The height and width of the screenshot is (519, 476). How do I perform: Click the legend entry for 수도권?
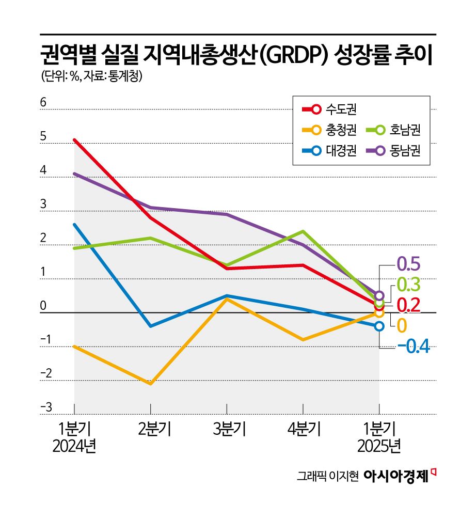(330, 109)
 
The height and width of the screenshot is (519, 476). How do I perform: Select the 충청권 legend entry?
(330, 130)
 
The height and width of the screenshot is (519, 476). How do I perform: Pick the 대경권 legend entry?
(330, 151)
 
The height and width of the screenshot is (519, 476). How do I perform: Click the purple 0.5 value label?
(408, 264)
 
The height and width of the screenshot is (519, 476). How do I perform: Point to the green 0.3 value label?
(408, 285)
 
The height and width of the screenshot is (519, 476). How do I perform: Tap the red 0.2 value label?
(408, 305)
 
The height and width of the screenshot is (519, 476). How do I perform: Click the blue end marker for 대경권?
(379, 326)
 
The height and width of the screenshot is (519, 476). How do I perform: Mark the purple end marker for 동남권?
(379, 296)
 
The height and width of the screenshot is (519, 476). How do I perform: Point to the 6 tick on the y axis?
(43, 103)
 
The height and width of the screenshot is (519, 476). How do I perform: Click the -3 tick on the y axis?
(45, 408)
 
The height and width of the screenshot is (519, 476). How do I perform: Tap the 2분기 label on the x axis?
(150, 429)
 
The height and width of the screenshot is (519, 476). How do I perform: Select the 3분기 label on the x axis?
(227, 429)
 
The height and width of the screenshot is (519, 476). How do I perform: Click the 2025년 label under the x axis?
(379, 446)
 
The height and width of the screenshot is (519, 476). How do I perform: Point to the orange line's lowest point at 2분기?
(150, 384)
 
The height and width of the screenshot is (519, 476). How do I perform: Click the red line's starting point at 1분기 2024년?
(75, 140)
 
